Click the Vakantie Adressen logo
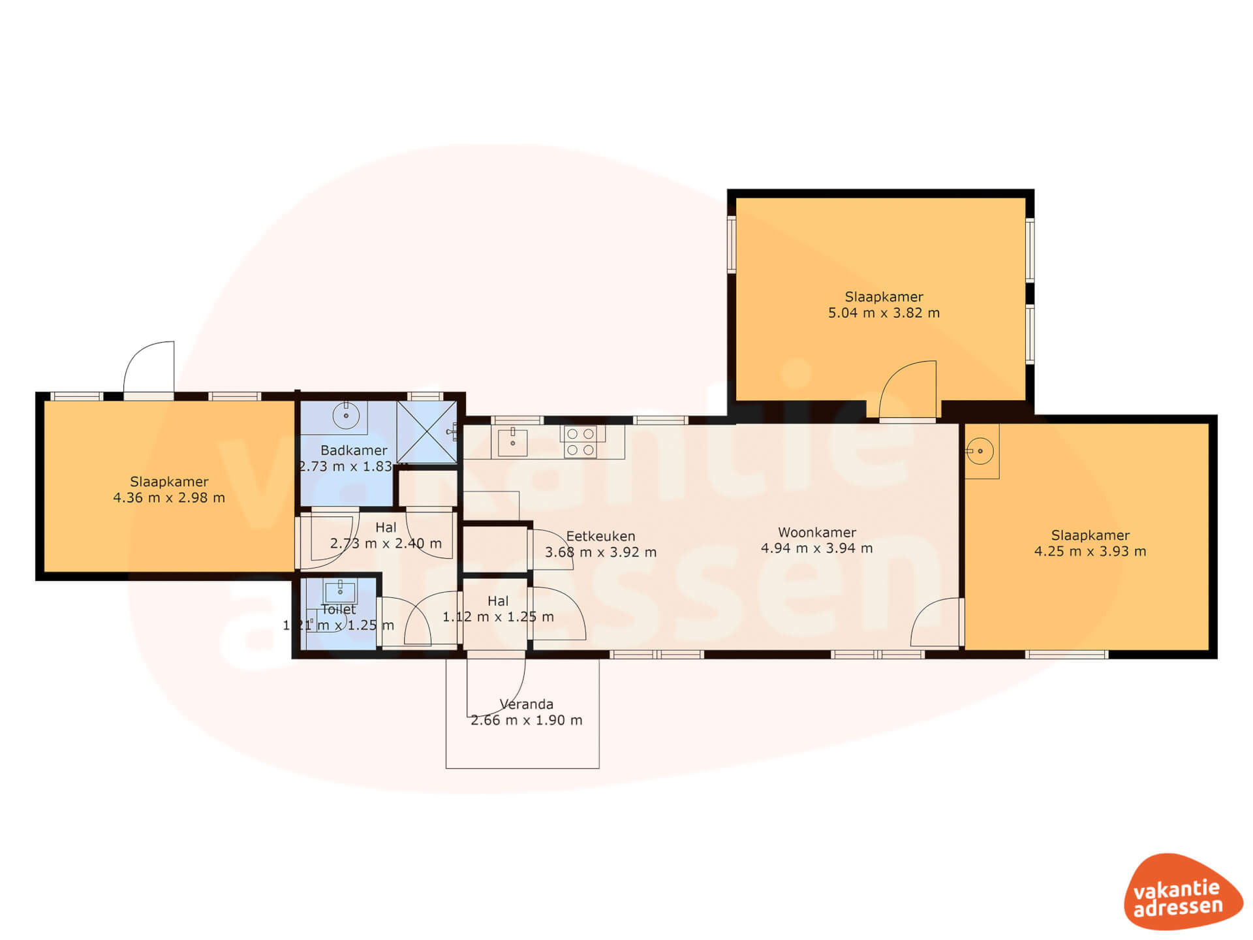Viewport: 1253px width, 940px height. click(1183, 891)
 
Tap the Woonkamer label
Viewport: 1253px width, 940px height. click(816, 533)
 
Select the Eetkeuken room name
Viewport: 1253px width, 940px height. click(600, 537)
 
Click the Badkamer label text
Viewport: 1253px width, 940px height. click(354, 450)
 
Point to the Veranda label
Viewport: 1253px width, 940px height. click(526, 704)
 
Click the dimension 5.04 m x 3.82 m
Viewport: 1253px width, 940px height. click(884, 313)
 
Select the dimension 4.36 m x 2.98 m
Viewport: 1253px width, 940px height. click(169, 498)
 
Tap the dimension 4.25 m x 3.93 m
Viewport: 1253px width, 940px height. click(1090, 552)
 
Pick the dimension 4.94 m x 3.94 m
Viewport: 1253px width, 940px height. click(816, 548)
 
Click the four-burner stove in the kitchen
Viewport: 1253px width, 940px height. click(580, 441)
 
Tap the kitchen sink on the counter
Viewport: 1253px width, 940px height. click(512, 442)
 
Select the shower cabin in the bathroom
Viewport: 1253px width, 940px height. click(427, 432)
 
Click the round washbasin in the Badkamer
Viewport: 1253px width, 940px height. click(345, 415)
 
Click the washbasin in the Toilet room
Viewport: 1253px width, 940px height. click(340, 591)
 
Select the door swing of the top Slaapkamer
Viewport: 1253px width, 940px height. click(908, 389)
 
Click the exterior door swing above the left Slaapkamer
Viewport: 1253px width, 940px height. click(149, 367)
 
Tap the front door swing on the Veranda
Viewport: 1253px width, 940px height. click(496, 687)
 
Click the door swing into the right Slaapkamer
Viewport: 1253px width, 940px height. click(936, 623)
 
